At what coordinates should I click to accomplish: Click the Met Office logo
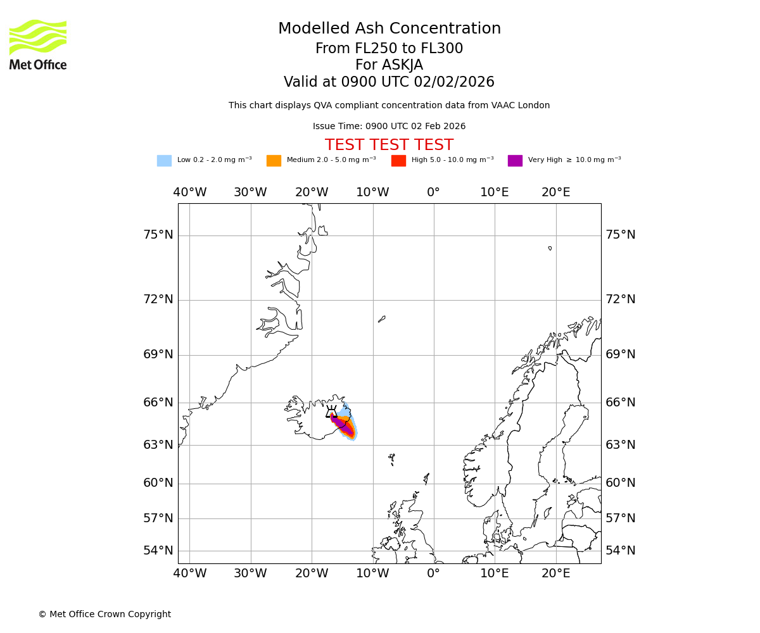point(38,44)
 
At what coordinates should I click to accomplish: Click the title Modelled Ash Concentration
point(389,29)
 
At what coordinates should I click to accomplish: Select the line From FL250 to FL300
point(389,49)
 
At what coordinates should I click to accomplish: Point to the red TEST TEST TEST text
point(389,145)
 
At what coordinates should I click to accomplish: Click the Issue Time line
point(389,127)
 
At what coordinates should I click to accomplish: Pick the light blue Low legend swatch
point(164,161)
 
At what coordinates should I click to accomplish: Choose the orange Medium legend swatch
point(274,161)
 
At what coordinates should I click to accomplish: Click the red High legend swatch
point(398,161)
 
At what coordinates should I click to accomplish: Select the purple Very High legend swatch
point(515,161)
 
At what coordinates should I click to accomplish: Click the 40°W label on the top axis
point(190,192)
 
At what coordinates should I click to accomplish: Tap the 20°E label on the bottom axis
point(555,573)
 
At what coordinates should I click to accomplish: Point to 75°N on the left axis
point(158,235)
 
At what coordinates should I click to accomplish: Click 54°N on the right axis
point(620,551)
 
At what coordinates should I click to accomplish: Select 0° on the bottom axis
point(433,573)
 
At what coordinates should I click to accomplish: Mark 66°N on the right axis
point(620,403)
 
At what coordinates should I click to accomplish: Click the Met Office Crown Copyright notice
point(104,614)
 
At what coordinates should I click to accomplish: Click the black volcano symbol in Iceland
point(331,412)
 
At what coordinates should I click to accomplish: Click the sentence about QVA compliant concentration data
point(389,106)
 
